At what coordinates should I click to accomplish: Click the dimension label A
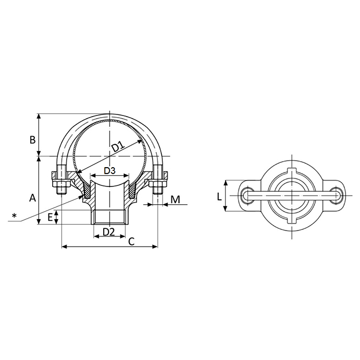click(33, 198)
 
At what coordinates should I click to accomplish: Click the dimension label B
click(33, 140)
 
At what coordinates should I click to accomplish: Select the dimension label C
click(131, 242)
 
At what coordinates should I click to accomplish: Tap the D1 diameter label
click(119, 147)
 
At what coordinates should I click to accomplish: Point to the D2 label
click(109, 232)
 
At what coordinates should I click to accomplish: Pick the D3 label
click(110, 170)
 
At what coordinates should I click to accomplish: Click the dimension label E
click(50, 217)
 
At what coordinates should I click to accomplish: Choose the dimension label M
click(175, 199)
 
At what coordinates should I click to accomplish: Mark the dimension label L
click(219, 197)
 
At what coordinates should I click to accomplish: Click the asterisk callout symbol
click(15, 215)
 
